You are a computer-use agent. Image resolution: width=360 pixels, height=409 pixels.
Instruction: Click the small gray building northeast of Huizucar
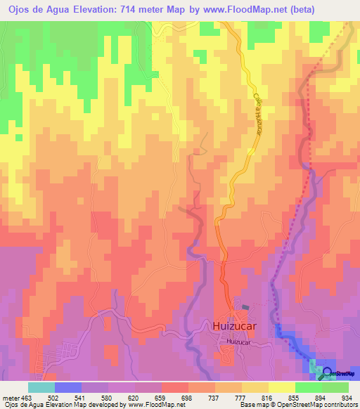(x=245, y=307)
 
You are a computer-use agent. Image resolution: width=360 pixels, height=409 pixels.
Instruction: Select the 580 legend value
(x=106, y=397)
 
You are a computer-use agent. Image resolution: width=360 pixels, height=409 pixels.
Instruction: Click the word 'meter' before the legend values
(x=8, y=397)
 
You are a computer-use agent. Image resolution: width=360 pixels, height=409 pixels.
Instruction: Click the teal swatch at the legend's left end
(x=41, y=387)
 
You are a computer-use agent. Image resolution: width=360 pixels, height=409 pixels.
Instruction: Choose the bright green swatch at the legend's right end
(x=335, y=387)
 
